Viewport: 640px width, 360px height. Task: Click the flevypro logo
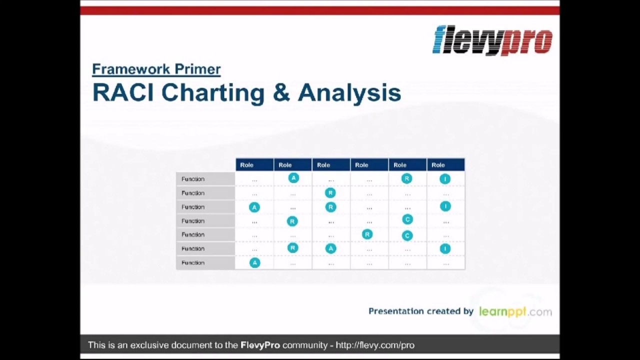coord(492,40)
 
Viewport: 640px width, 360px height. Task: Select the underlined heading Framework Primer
coord(156,69)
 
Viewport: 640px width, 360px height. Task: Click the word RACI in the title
coord(122,93)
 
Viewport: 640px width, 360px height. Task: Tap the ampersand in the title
coord(281,93)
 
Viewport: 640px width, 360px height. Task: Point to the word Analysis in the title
coord(349,93)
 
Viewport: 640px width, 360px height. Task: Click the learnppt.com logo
coord(515,311)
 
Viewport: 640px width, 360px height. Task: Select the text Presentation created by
coord(420,311)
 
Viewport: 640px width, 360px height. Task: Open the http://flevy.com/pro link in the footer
coord(375,345)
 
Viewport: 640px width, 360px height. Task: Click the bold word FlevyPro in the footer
coord(260,345)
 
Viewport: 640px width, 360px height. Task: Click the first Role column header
coord(246,165)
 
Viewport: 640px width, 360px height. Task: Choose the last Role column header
coord(438,165)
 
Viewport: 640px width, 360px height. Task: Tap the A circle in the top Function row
coord(293,178)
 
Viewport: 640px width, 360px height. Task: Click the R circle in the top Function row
coord(406,178)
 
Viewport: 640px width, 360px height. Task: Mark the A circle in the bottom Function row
coord(254,262)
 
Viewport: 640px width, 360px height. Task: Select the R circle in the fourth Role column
coord(367,234)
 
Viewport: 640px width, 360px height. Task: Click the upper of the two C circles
coord(407,219)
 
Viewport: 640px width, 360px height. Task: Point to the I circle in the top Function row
coord(445,179)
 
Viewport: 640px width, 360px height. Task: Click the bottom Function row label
coord(193,262)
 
